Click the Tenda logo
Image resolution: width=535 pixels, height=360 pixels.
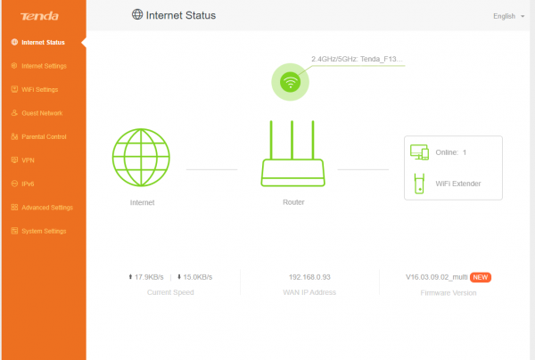(39, 16)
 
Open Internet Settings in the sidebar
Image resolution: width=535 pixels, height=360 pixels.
(44, 66)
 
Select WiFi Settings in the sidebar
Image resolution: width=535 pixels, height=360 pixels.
(39, 89)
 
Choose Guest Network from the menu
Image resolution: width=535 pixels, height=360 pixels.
(42, 113)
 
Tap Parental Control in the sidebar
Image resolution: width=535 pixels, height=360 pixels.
(44, 136)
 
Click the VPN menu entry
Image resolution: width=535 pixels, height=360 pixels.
(28, 160)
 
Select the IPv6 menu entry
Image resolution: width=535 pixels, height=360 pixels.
(28, 184)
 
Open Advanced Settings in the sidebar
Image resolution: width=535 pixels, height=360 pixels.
(47, 208)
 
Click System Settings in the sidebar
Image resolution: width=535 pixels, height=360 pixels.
(44, 231)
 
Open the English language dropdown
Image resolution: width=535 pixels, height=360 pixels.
(508, 16)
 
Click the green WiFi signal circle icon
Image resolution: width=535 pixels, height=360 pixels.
(290, 82)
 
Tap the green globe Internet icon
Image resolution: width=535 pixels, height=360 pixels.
(141, 157)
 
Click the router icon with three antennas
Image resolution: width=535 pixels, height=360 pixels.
(292, 153)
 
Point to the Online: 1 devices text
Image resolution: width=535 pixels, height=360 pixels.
(450, 152)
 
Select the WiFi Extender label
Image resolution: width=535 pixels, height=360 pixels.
(458, 184)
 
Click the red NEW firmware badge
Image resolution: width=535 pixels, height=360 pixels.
(481, 277)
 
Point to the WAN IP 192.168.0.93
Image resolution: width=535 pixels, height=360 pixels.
(309, 277)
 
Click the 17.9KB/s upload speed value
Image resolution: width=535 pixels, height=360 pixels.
(149, 277)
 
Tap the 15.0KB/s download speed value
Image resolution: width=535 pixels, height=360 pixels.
(198, 277)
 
